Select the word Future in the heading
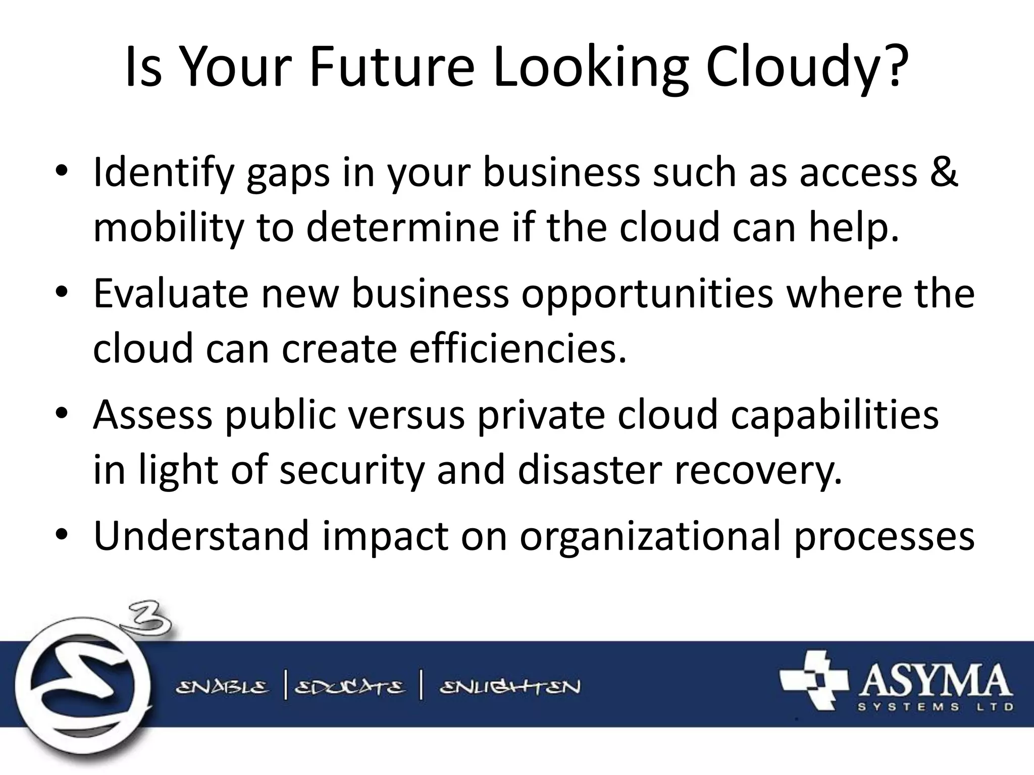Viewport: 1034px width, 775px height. pyautogui.click(x=392, y=67)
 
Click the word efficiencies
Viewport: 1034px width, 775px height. pyautogui.click(x=518, y=348)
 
